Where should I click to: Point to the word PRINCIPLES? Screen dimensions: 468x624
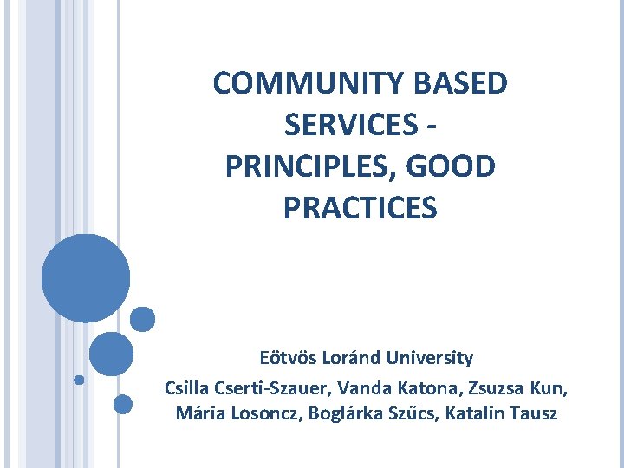pos(307,167)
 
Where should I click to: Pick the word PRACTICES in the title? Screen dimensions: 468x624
pos(361,209)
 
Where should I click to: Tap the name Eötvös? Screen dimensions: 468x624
pos(287,358)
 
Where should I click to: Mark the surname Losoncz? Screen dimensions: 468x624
pos(261,413)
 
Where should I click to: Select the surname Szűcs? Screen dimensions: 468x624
pos(413,413)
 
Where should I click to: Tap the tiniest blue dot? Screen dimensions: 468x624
pos(78,380)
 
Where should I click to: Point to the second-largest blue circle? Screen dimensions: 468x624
pos(111,354)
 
